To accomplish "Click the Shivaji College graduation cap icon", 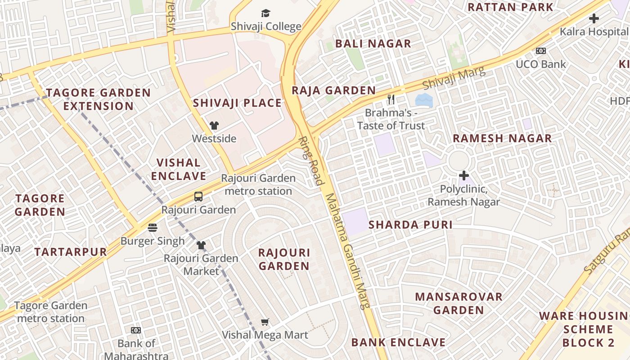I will [266, 13].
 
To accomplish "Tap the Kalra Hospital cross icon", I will [594, 19].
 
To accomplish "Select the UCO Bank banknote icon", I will [540, 51].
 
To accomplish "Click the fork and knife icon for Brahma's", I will [391, 99].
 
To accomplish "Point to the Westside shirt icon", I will [214, 126].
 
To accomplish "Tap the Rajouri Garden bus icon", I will [198, 197].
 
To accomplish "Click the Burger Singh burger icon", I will [153, 228].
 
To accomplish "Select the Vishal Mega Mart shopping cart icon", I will [265, 322].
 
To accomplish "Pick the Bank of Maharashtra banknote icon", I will [136, 330].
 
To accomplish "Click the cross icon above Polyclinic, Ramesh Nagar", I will [463, 175].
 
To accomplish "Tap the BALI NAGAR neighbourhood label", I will [373, 44].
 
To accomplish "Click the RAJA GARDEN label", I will [333, 90].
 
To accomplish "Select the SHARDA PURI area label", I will [410, 225].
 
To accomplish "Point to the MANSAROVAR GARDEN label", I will [459, 303].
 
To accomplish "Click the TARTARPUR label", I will [71, 252].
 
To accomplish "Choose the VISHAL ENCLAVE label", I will [179, 169].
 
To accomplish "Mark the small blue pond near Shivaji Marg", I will [424, 100].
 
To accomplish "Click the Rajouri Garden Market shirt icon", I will [201, 245].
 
